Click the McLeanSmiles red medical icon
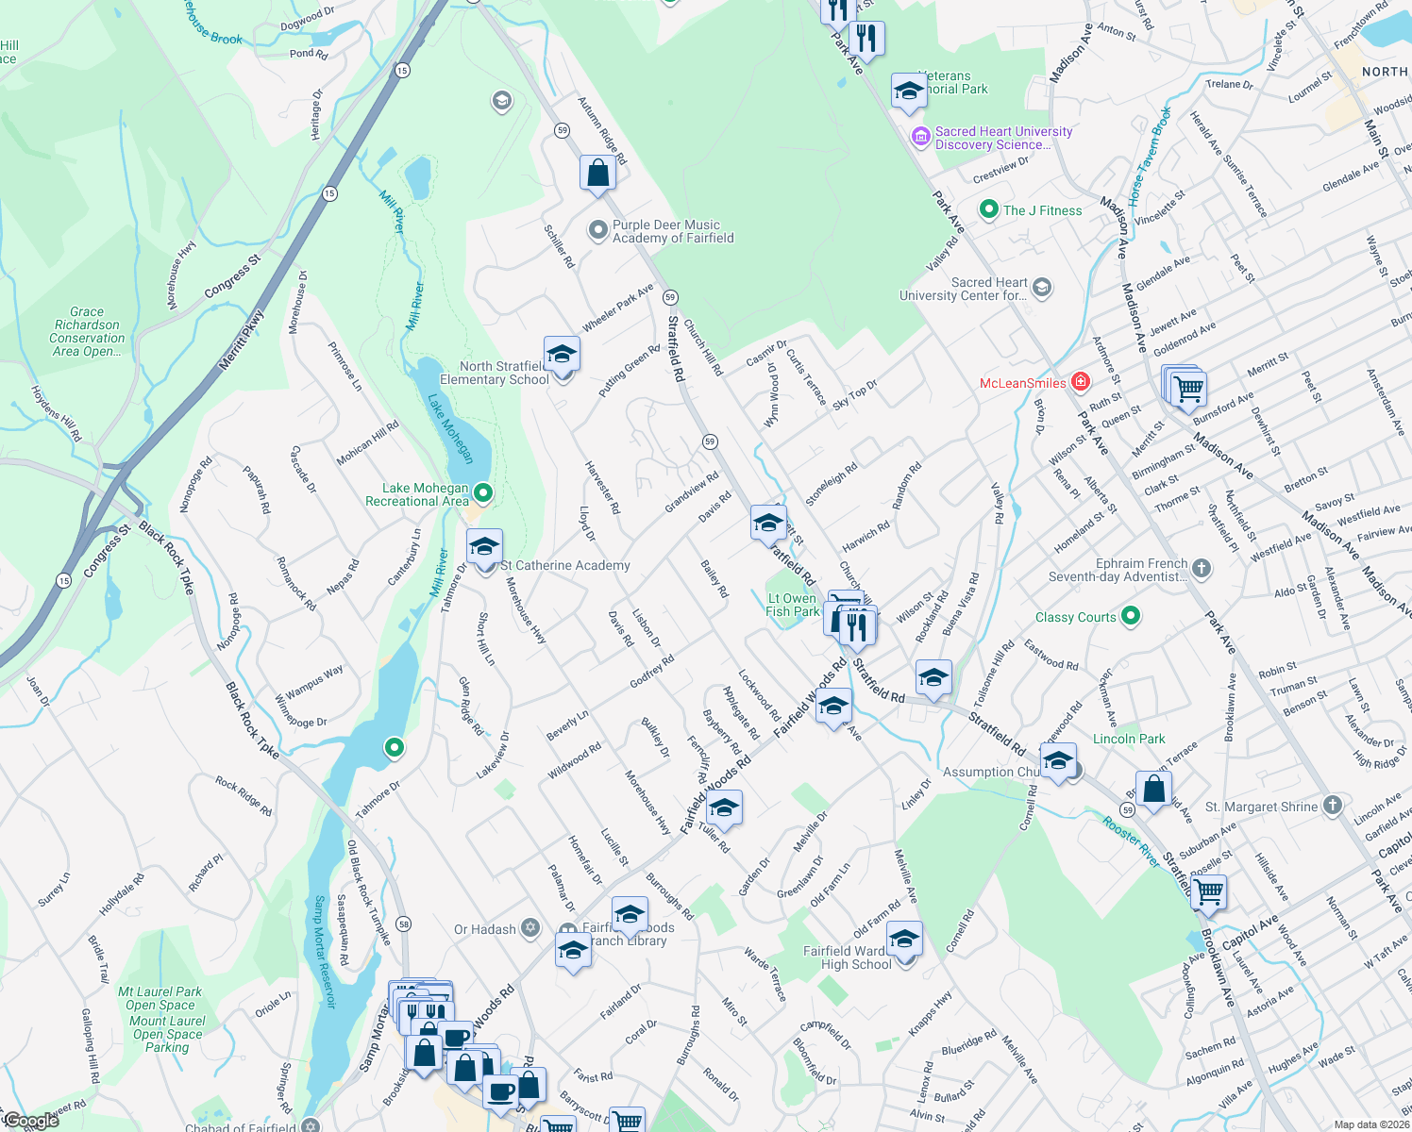click(1081, 382)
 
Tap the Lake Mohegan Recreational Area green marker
click(483, 493)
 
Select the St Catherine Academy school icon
click(484, 548)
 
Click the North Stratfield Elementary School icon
click(562, 356)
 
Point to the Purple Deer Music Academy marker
click(597, 231)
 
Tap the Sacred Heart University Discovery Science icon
click(920, 138)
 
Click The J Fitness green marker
click(988, 209)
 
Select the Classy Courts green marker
click(1131, 617)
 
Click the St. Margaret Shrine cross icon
click(1332, 806)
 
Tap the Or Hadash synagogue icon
click(530, 929)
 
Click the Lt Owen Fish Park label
click(792, 605)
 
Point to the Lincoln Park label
click(1129, 739)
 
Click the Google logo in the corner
click(30, 1120)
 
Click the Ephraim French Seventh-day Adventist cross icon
click(1201, 568)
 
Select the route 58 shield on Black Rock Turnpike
click(403, 923)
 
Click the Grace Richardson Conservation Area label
click(87, 331)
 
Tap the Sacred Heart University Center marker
click(1042, 288)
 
